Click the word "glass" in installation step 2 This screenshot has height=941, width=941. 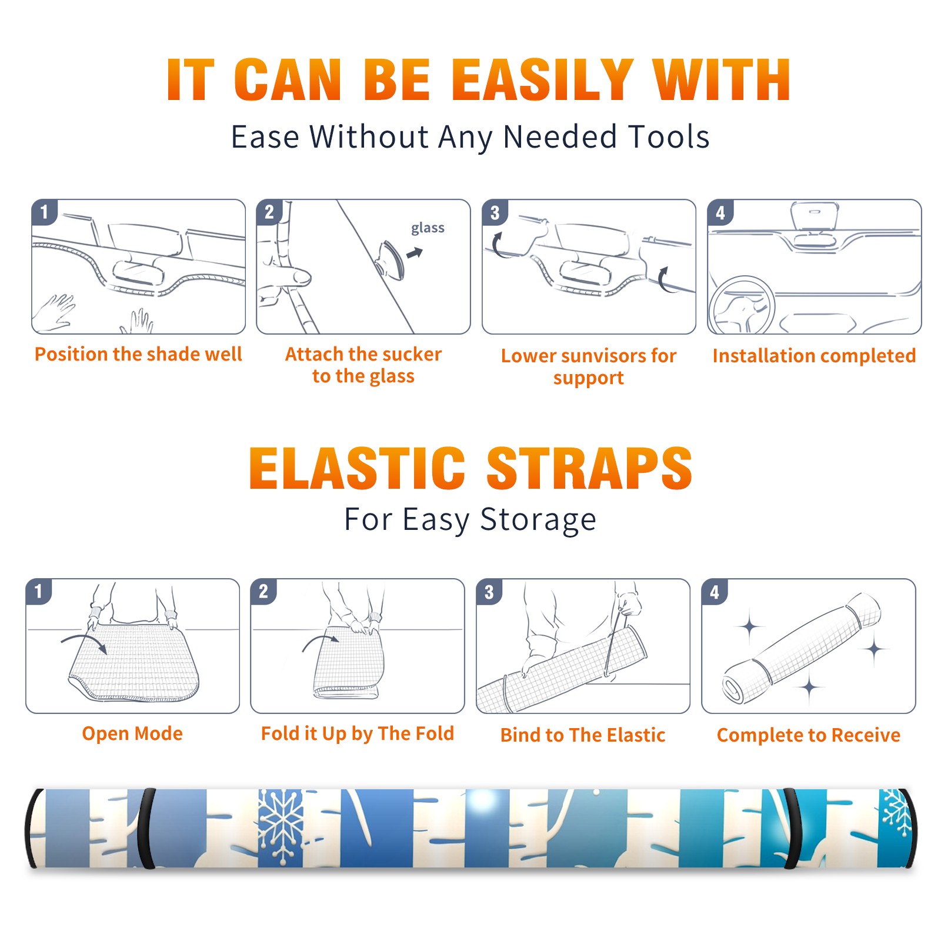[428, 228]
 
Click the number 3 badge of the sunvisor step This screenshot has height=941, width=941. [494, 212]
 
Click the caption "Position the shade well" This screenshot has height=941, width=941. [138, 354]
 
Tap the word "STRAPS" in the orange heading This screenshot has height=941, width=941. [589, 468]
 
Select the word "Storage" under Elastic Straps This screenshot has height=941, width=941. [538, 520]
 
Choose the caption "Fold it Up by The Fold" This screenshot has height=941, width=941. [358, 734]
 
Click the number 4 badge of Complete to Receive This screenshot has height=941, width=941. [714, 592]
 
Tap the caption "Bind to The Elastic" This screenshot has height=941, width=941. [583, 735]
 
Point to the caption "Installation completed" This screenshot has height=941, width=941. [815, 356]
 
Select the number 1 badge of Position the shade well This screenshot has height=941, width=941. [44, 212]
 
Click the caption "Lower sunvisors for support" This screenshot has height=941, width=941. [589, 366]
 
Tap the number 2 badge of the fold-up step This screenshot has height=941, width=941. [263, 592]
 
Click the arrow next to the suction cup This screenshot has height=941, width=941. [415, 253]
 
